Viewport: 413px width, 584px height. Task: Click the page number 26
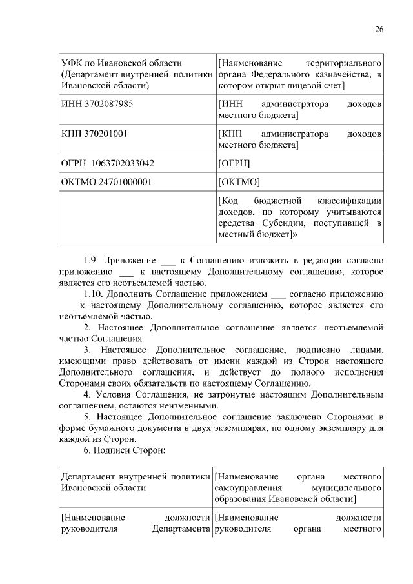tap(379, 29)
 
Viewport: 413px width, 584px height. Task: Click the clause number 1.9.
tap(92, 261)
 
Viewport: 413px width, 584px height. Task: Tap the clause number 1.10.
tap(94, 294)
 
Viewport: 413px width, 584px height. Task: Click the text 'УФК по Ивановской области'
tap(121, 63)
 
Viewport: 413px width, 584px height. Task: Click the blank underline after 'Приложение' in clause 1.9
tap(167, 262)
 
